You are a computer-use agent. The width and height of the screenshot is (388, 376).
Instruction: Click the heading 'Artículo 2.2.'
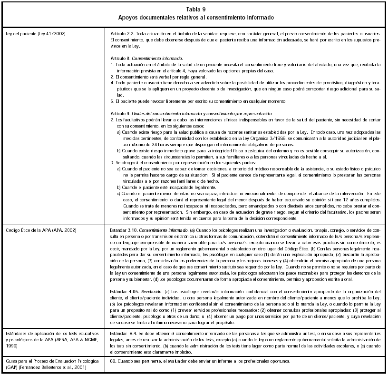click(x=122, y=35)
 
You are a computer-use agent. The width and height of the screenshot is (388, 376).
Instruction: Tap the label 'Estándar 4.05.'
click(x=125, y=290)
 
